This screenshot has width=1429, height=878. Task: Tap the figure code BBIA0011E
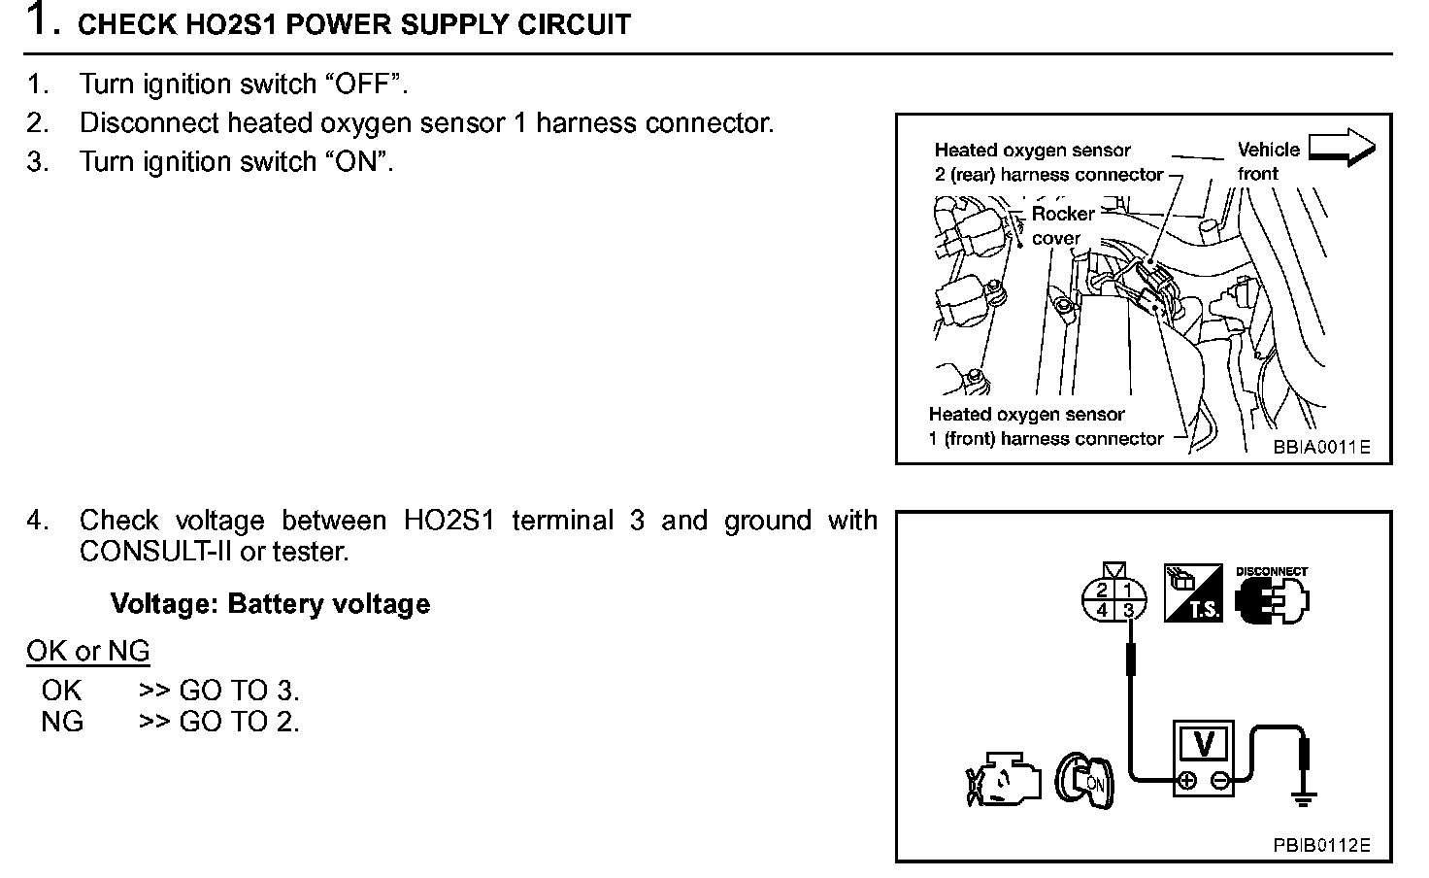[x=1321, y=447]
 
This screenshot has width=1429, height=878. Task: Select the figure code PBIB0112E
[x=1321, y=845]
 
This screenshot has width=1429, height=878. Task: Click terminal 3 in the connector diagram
[x=1128, y=610]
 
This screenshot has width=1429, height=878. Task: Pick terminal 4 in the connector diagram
[x=1102, y=610]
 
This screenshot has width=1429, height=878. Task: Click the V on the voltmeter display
[x=1204, y=744]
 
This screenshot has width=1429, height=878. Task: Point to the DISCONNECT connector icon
[x=1272, y=598]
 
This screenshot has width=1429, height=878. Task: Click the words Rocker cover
[x=1062, y=225]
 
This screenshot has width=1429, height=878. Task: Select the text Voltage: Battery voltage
[x=270, y=604]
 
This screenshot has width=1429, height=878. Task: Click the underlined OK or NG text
[x=88, y=651]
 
